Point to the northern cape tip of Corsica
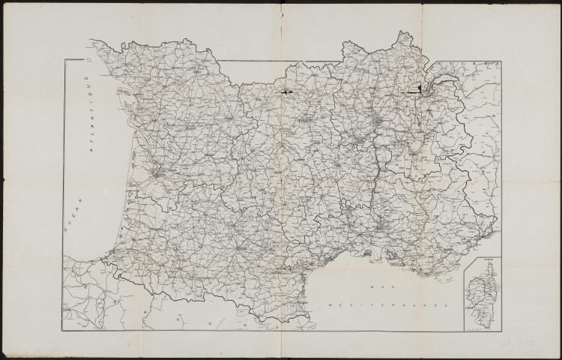[x=484, y=271]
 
